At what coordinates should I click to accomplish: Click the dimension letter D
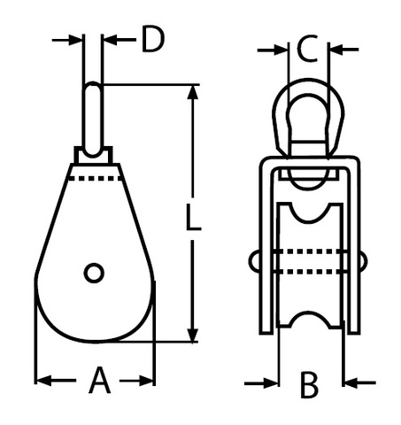tap(152, 39)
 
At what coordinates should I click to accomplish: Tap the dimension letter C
tap(307, 49)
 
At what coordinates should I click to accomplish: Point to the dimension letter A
tap(100, 380)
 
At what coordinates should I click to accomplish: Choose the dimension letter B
tap(309, 385)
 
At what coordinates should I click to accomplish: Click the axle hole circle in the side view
tap(94, 273)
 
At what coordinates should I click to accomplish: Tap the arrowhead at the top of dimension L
tap(193, 93)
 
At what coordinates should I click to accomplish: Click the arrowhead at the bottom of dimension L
tap(193, 335)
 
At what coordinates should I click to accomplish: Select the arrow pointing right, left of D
tap(66, 40)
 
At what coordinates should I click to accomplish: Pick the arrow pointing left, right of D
tap(120, 40)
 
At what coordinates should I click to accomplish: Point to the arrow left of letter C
tap(272, 50)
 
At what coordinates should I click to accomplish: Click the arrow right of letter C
tap(343, 50)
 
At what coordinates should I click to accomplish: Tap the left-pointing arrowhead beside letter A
tap(43, 381)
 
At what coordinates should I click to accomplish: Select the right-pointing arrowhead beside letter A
tap(146, 381)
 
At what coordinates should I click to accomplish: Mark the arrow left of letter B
tap(261, 383)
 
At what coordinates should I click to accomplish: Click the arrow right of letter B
tap(360, 383)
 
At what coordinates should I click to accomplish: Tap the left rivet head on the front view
tap(255, 261)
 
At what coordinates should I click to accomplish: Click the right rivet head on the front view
tap(363, 261)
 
